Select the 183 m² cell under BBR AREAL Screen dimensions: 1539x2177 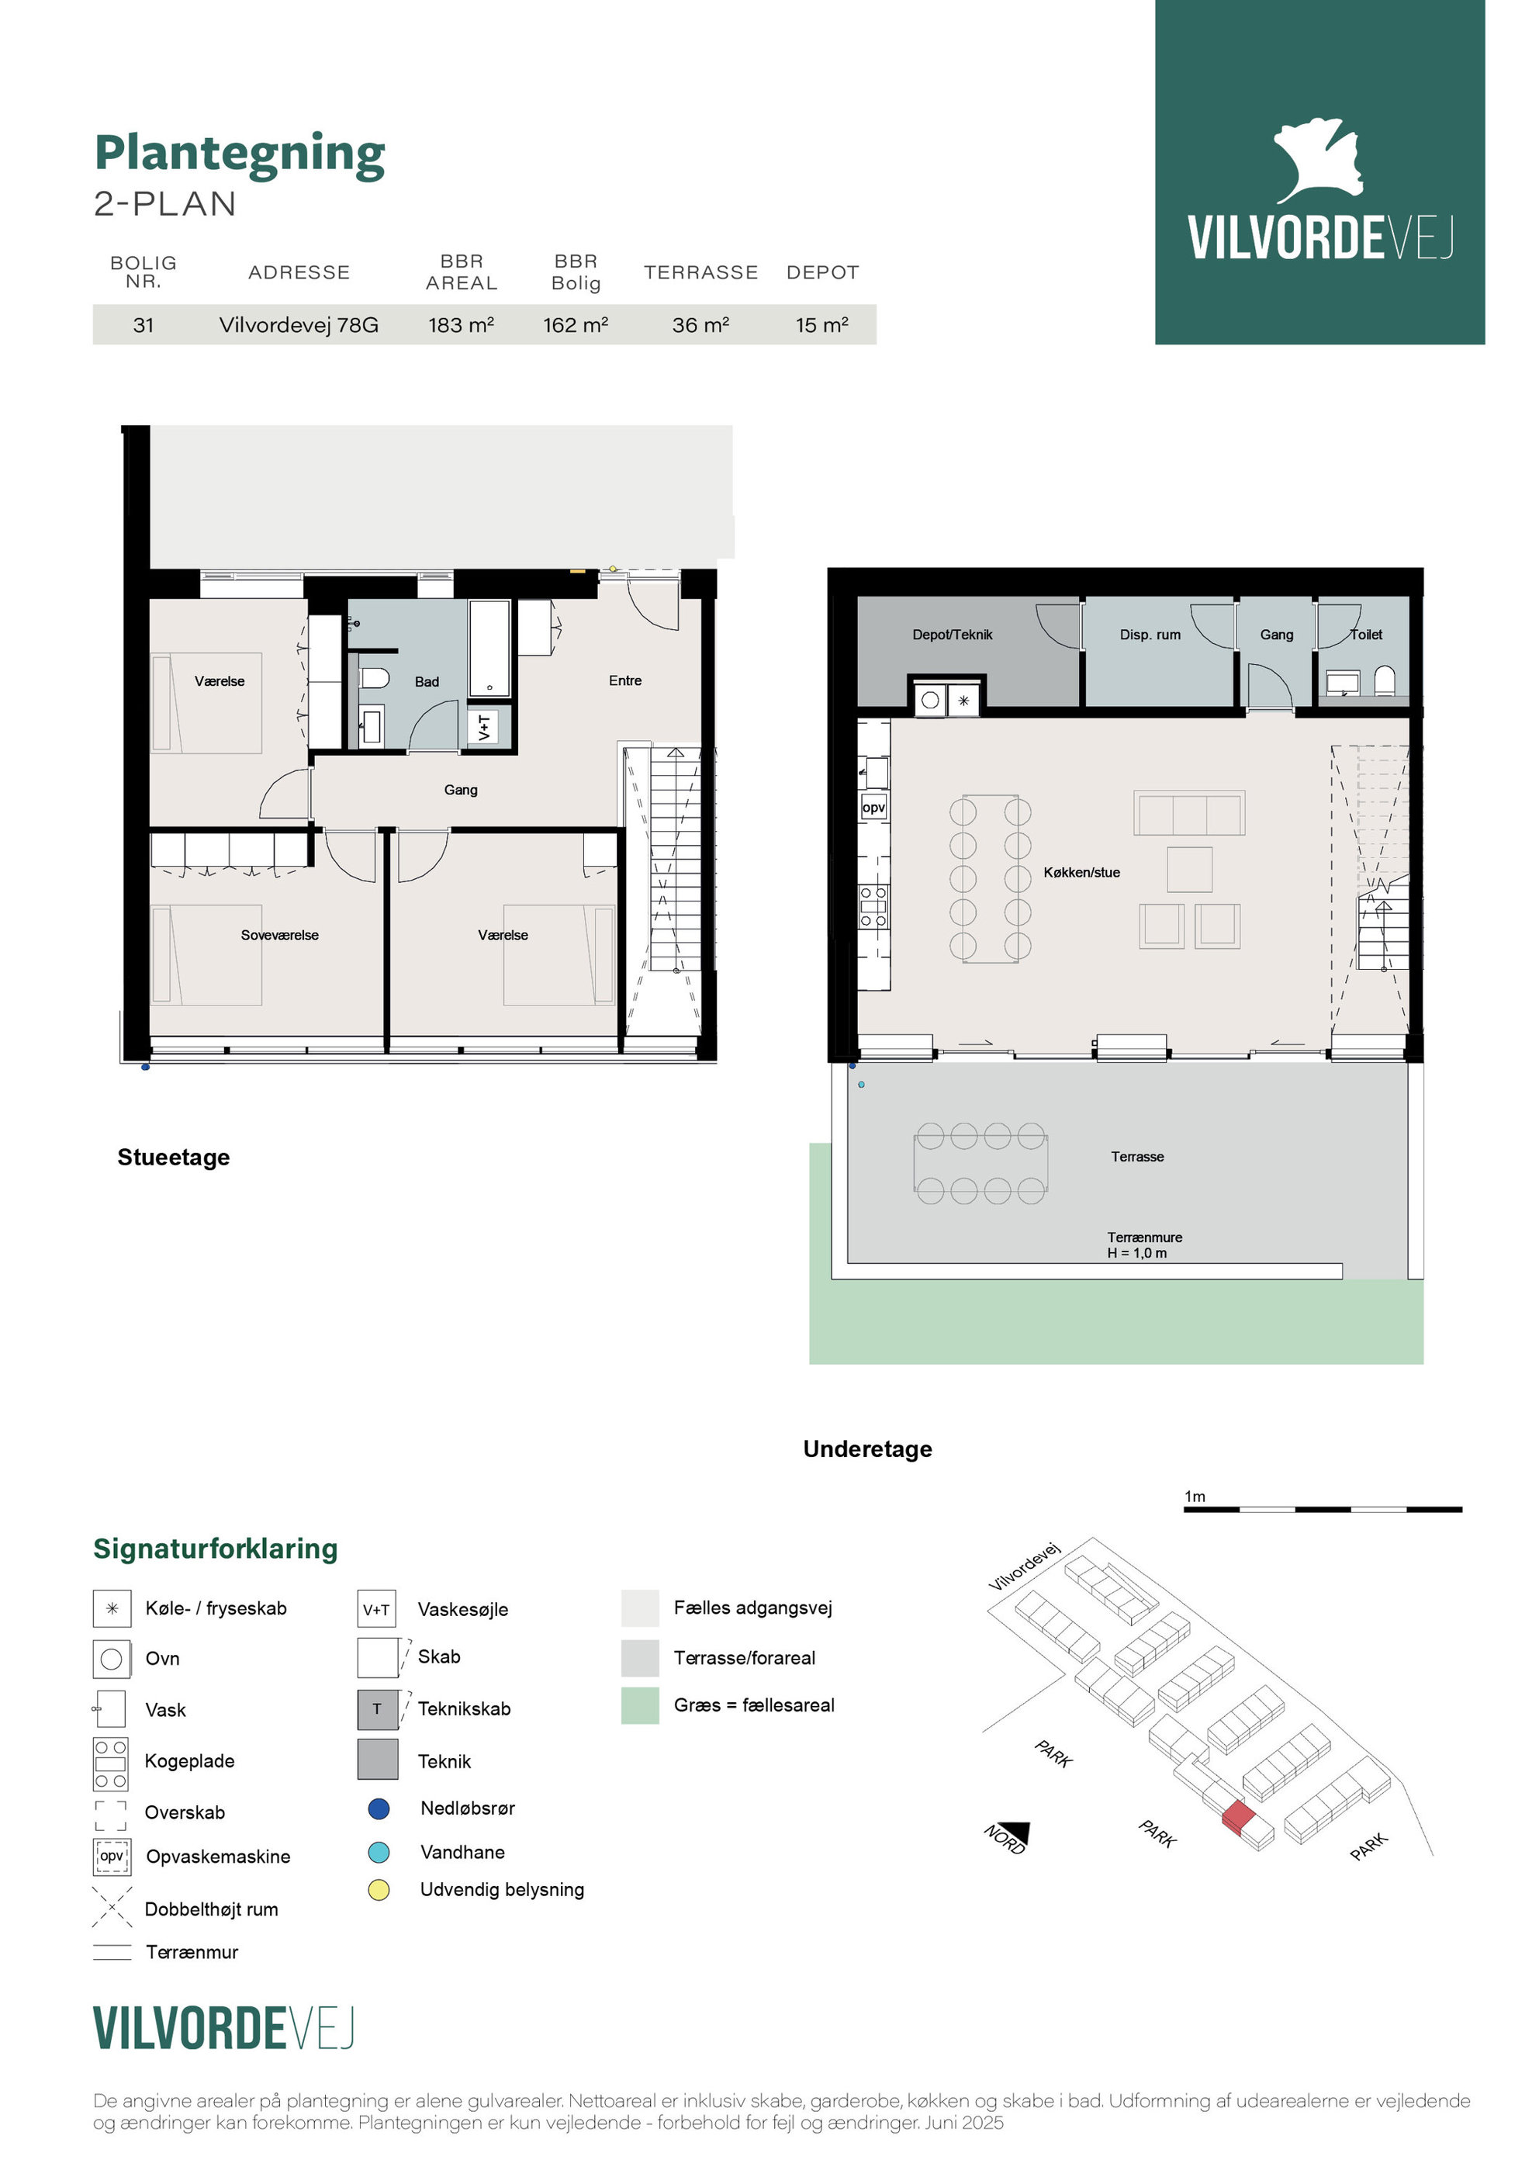click(461, 325)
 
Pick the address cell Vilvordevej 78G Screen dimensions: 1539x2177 click(299, 325)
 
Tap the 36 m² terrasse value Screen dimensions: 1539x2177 click(700, 325)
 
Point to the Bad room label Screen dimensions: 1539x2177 click(427, 682)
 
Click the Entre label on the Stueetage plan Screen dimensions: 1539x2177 click(625, 680)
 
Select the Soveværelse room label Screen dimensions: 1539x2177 click(280, 935)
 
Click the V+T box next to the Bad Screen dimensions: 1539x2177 click(485, 727)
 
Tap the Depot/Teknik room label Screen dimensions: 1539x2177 click(952, 635)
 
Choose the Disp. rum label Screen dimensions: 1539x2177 click(1150, 635)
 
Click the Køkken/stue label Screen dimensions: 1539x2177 click(1082, 872)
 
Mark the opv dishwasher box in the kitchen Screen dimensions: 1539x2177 click(873, 808)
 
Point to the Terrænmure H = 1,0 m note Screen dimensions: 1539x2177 click(1144, 1245)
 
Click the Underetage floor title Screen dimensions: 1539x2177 click(868, 1448)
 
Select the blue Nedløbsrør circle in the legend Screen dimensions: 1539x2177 click(379, 1809)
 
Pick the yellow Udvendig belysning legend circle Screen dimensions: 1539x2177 click(379, 1890)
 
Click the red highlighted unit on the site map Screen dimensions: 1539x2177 click(1238, 1818)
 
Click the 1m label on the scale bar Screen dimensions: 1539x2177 click(1195, 1497)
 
